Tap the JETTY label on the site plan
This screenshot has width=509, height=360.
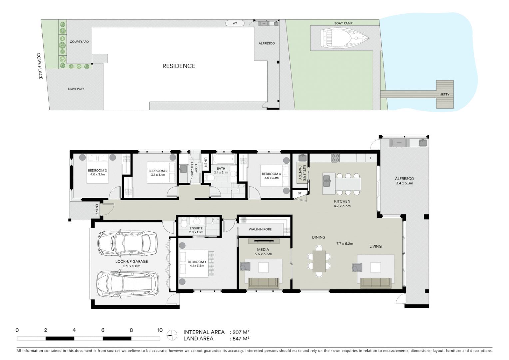[445, 94]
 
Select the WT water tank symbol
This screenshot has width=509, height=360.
[235, 23]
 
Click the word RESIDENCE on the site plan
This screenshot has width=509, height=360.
[179, 66]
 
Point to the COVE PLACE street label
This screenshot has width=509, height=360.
[39, 66]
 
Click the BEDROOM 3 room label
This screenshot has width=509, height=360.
[97, 171]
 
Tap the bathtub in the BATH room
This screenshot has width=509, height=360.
[224, 159]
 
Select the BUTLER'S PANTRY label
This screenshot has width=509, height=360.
[302, 172]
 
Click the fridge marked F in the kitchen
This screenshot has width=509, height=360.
[371, 158]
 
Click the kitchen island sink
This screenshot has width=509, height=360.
[327, 181]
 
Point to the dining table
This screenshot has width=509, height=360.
[319, 261]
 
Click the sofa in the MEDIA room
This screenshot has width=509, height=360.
[263, 283]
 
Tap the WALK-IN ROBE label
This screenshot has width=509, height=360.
[260, 229]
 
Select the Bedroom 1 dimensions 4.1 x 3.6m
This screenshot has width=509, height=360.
[197, 266]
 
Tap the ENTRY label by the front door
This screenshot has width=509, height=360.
[97, 209]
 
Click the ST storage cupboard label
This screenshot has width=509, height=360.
[299, 193]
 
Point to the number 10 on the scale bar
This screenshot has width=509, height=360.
[160, 330]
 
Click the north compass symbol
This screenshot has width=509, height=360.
[172, 335]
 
